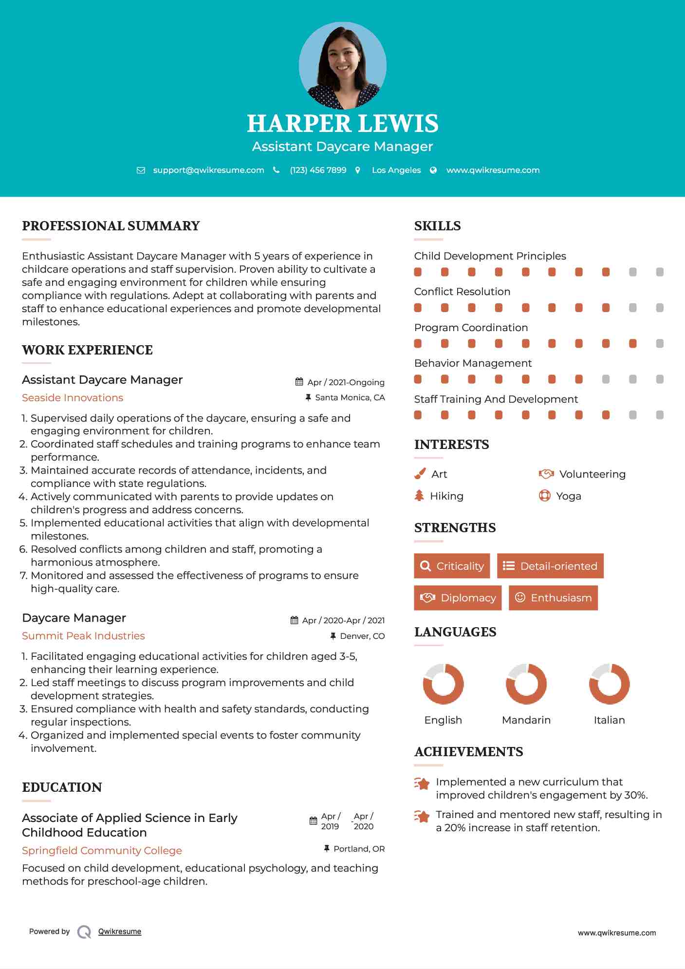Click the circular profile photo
(x=342, y=65)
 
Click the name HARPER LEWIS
(x=342, y=124)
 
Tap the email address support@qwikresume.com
(x=208, y=170)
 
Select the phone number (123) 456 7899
(x=318, y=170)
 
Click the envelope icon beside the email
(x=141, y=170)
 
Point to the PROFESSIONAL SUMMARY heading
(x=111, y=226)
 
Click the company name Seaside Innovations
(x=73, y=398)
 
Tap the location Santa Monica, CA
(x=350, y=398)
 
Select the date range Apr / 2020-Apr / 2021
(x=343, y=620)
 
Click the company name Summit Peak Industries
(x=83, y=636)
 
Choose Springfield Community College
(x=102, y=851)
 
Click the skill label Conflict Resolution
(x=462, y=292)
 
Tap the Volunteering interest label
(x=592, y=474)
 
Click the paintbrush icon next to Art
(x=420, y=474)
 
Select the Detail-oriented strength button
(x=550, y=566)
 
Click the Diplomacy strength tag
(x=458, y=598)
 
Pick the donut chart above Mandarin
(x=526, y=684)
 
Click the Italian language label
(x=609, y=720)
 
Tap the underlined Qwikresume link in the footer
(x=120, y=932)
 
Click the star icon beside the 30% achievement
(x=422, y=783)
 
